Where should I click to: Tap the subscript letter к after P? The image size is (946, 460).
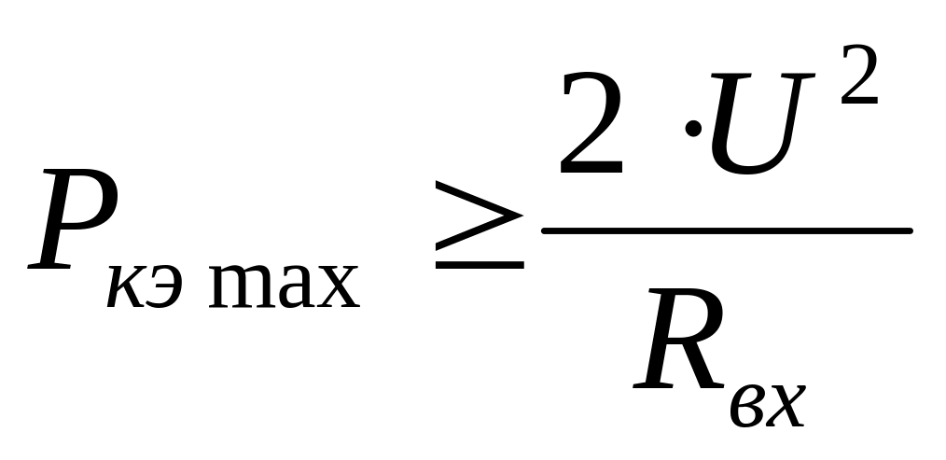click(x=125, y=289)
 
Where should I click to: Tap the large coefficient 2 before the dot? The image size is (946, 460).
click(x=590, y=127)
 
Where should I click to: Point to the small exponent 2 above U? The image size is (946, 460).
click(x=857, y=75)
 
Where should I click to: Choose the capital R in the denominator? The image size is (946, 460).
click(x=678, y=341)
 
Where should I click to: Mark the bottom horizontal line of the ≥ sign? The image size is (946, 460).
click(x=477, y=263)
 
